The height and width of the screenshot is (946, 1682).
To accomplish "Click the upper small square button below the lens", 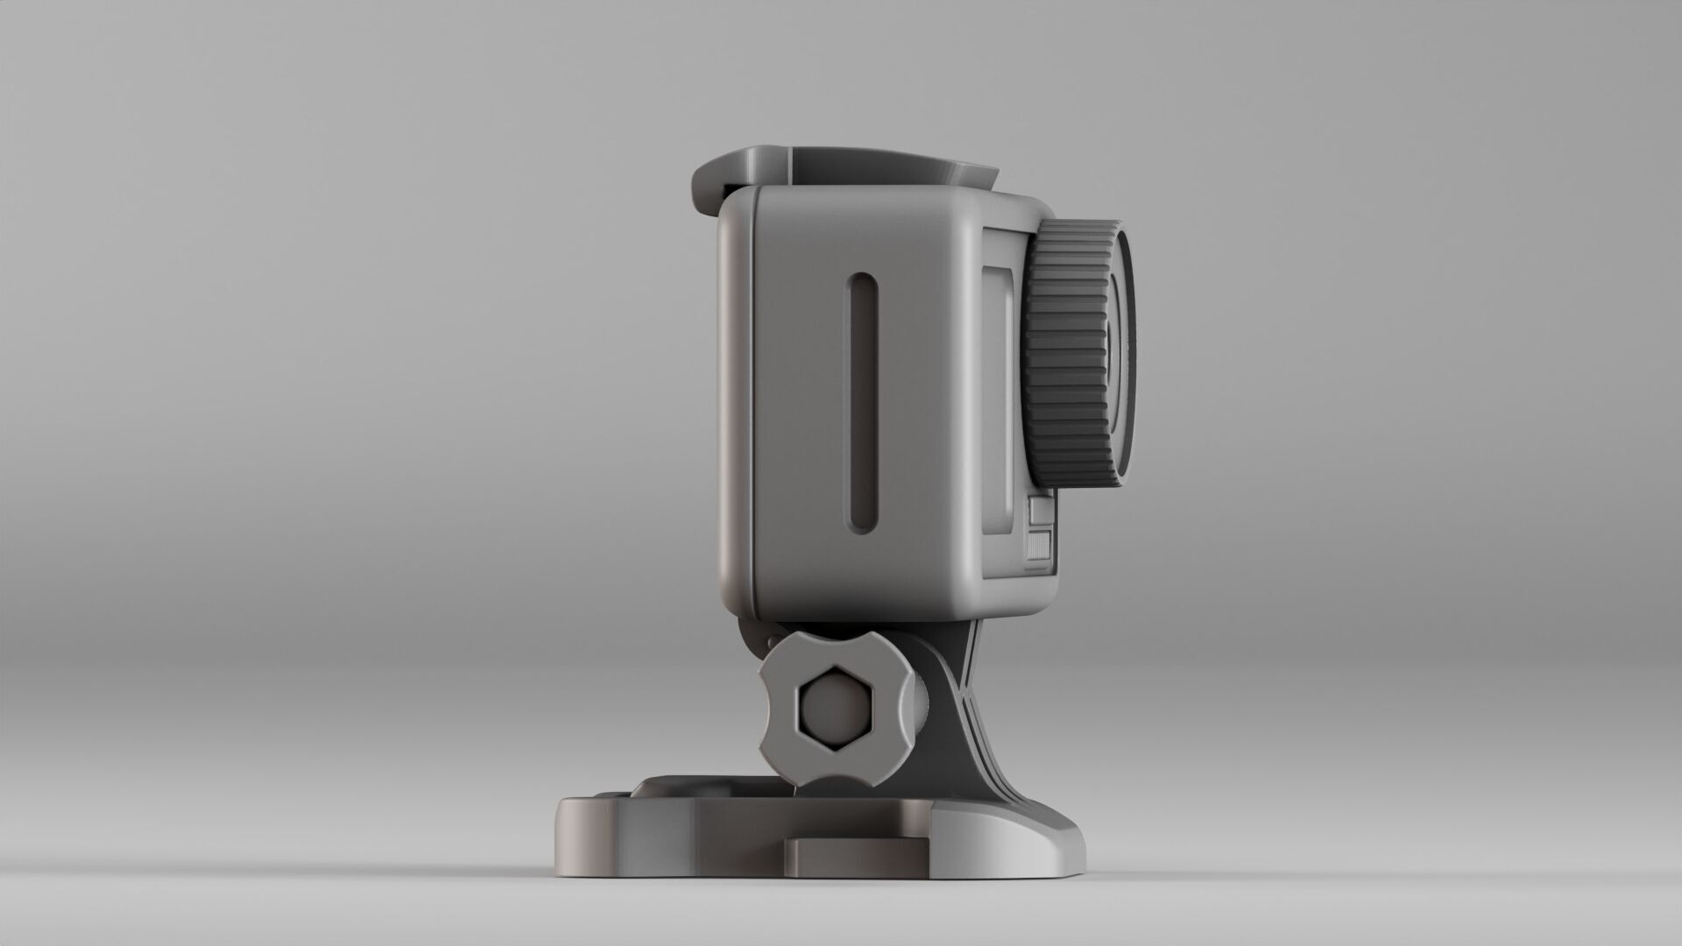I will pyautogui.click(x=1040, y=510).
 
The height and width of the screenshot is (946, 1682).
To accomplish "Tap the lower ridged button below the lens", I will pyautogui.click(x=1040, y=545).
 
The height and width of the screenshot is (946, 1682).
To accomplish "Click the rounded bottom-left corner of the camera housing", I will pyautogui.click(x=745, y=604).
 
